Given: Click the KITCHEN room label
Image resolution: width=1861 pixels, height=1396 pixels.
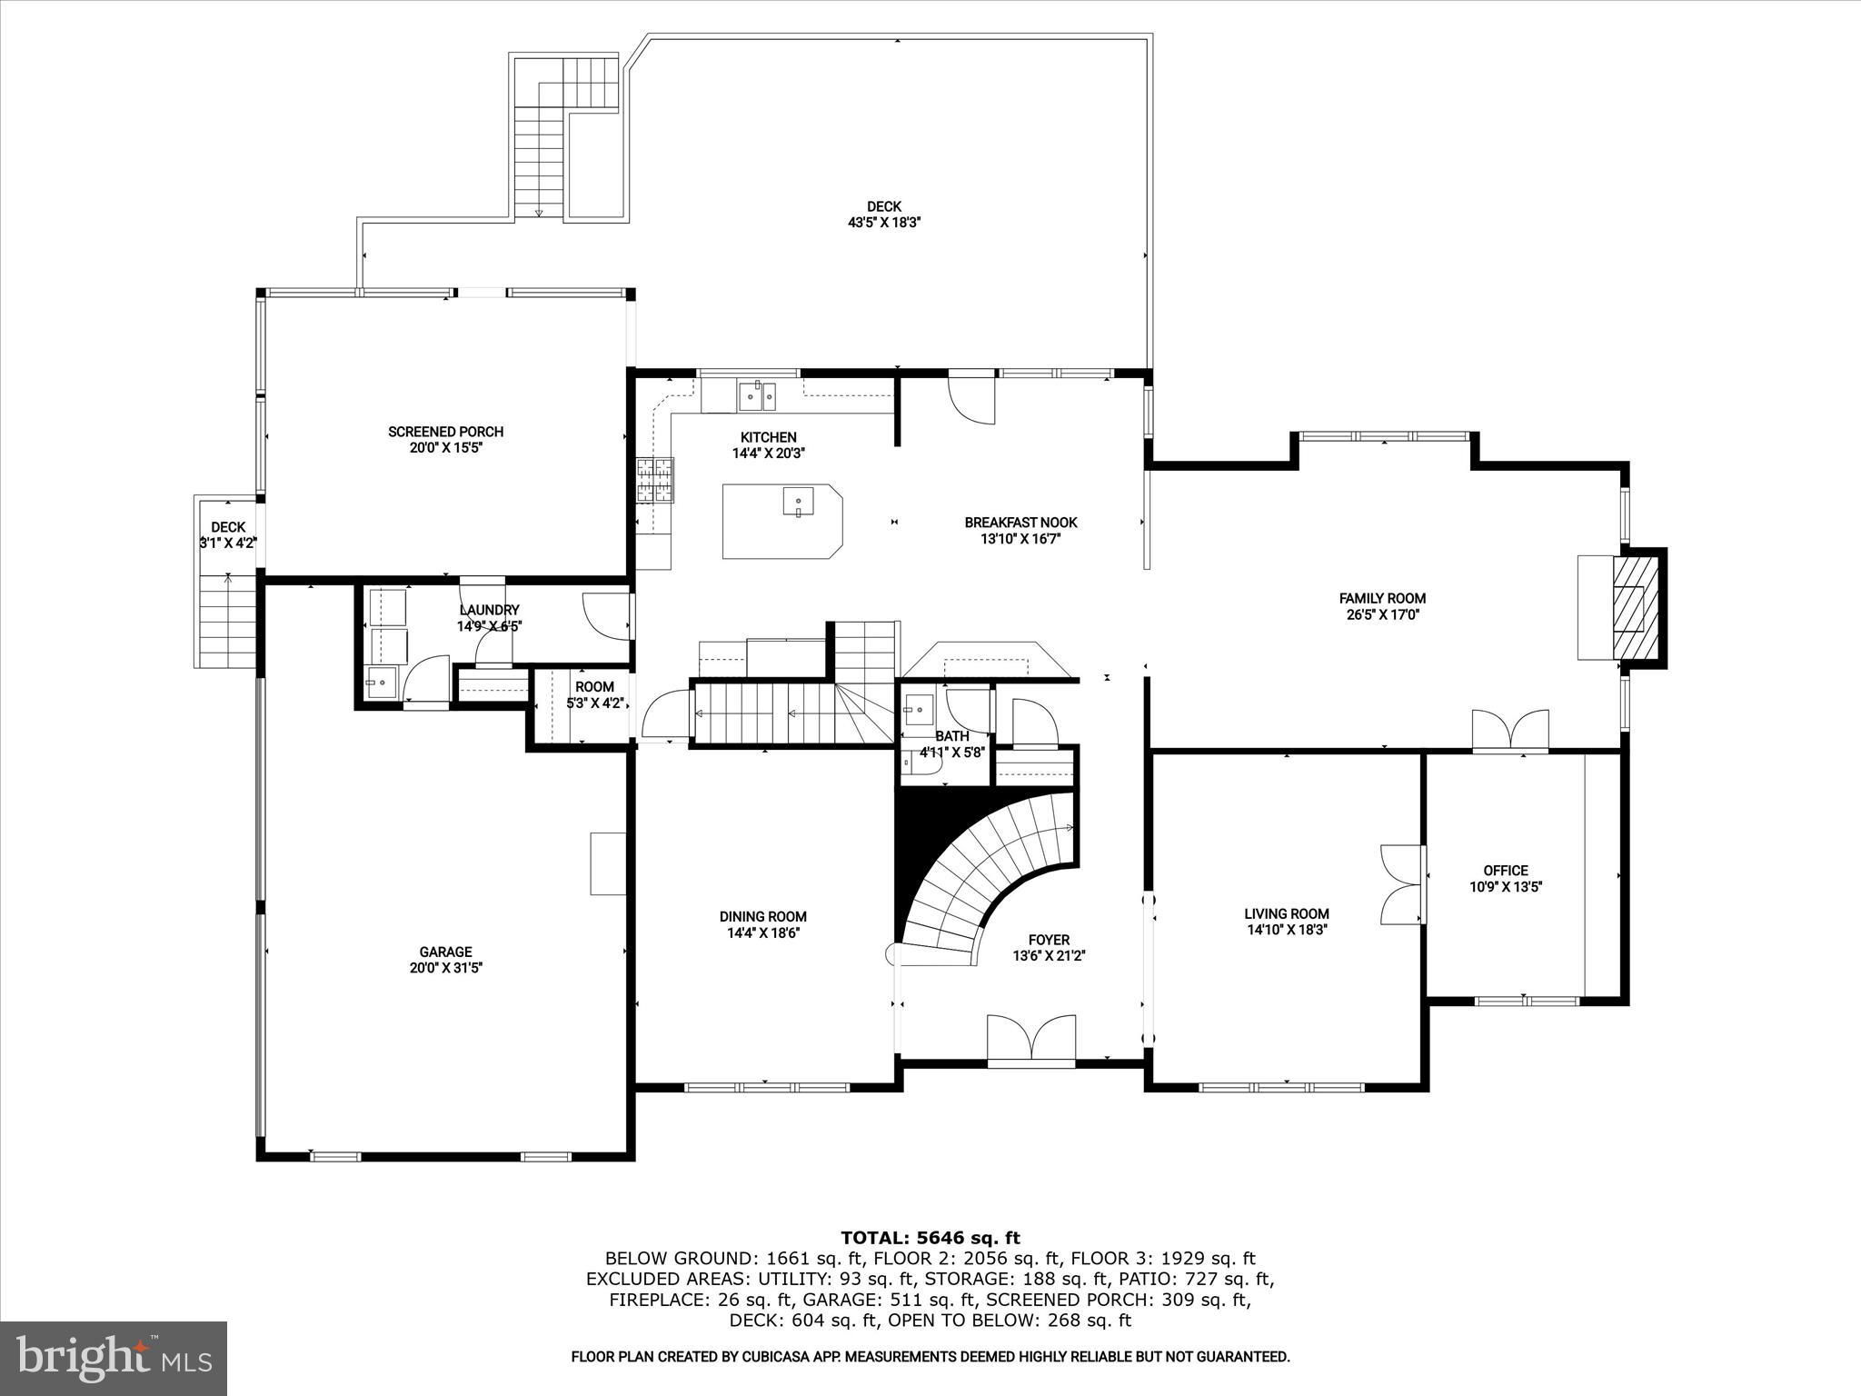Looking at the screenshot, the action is [768, 437].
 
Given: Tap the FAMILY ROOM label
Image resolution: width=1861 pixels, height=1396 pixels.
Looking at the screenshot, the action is [1382, 598].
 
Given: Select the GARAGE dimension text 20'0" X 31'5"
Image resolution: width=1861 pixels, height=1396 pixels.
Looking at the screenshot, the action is [445, 968].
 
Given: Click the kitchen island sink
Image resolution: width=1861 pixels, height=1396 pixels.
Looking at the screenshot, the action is [797, 502].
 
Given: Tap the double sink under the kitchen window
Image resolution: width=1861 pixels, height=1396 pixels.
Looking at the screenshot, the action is [756, 394].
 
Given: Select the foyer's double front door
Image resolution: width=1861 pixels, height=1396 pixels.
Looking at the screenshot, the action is [1031, 1039].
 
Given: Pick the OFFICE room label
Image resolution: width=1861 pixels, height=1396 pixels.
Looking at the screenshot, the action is [1506, 870].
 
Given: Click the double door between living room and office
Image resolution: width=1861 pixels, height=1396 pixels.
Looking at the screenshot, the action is [1402, 883].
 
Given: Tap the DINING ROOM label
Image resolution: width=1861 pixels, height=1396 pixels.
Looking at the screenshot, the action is [763, 916].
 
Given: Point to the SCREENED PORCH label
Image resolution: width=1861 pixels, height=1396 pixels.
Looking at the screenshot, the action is [445, 432].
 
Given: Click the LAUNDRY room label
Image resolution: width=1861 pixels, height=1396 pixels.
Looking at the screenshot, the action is [489, 610].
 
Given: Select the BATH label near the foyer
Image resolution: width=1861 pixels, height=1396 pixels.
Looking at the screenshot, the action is [952, 736].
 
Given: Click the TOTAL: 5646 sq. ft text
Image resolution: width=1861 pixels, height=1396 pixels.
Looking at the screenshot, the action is [930, 1238].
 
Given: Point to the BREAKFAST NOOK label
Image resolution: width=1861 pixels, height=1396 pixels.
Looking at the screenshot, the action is [1020, 523].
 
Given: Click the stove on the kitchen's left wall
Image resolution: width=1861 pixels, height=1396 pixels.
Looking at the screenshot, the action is [656, 479].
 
